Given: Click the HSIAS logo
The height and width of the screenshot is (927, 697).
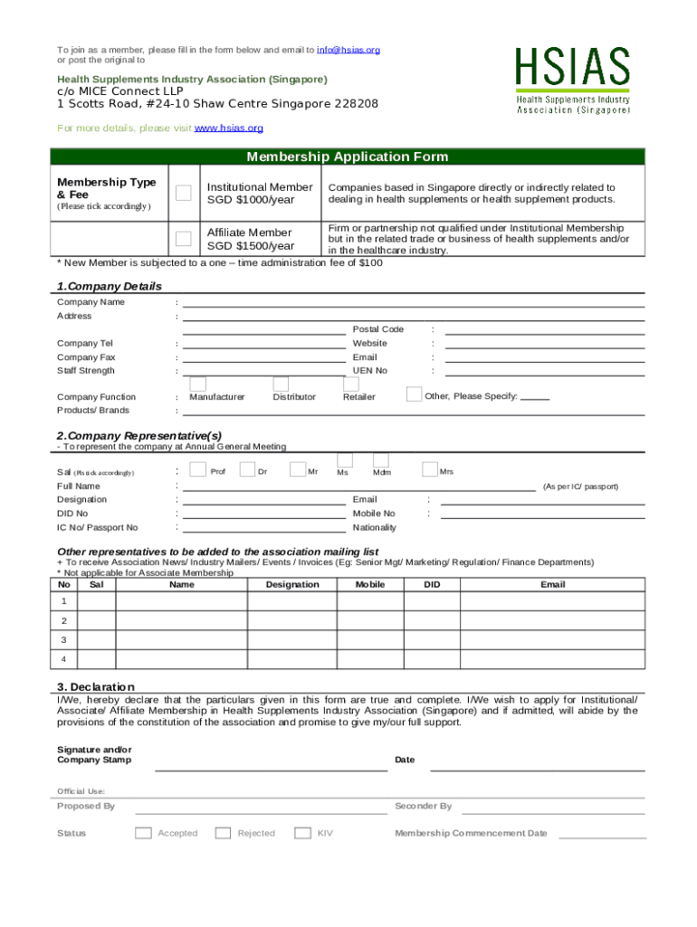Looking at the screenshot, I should [x=572, y=81].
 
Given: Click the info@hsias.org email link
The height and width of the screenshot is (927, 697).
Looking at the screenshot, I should [x=348, y=50].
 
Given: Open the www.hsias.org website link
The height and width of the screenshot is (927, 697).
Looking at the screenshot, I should [x=229, y=129].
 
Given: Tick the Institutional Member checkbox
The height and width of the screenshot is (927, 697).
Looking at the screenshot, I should [x=184, y=193].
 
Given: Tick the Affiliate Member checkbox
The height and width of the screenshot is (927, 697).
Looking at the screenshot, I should [x=184, y=239].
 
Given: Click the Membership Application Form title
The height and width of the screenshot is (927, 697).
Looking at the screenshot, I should [x=348, y=157].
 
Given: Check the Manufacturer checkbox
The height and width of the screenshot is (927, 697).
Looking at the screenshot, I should [x=197, y=384].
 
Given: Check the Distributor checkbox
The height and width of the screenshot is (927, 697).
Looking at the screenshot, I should [x=281, y=384].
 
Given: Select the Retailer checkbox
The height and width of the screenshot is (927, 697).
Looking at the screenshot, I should [x=350, y=384].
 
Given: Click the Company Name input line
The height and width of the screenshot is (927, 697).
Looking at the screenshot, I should [x=413, y=302].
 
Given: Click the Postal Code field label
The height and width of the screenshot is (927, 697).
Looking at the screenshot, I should [x=377, y=330].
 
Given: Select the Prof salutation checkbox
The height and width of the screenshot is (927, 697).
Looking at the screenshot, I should [x=197, y=469].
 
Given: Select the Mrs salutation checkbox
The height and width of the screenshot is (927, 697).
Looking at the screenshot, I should [x=430, y=469].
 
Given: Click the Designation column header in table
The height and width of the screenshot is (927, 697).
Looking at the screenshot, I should [x=292, y=585].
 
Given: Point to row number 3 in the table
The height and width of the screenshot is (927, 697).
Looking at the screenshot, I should [x=63, y=640].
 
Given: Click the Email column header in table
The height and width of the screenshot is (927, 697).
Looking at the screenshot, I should [x=552, y=585].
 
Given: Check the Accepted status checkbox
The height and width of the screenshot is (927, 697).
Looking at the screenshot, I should [x=143, y=833].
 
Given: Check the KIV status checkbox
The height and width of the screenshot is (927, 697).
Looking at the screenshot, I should [x=302, y=833].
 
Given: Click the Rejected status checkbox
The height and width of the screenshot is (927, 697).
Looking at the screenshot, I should [x=223, y=833].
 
